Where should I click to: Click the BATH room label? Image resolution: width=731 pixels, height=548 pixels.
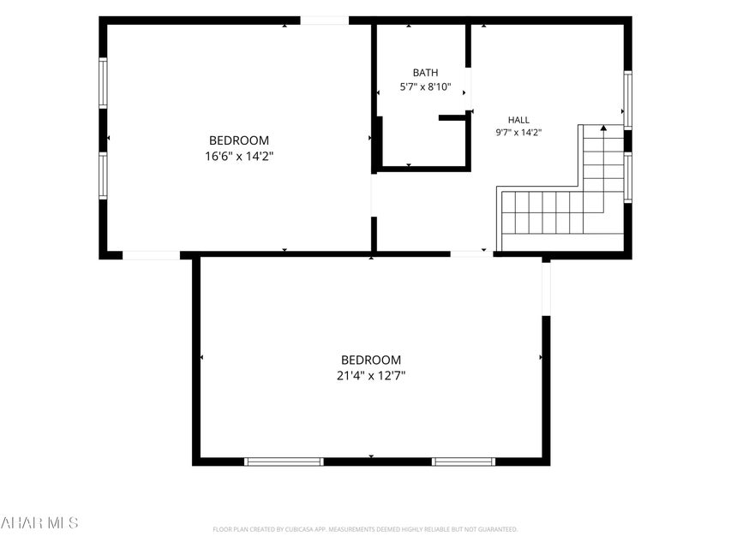click(x=425, y=73)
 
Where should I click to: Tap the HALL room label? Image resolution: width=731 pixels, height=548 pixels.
click(x=518, y=120)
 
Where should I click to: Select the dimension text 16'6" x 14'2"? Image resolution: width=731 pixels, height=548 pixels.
click(x=239, y=156)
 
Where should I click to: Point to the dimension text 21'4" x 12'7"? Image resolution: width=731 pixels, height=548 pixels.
click(x=370, y=376)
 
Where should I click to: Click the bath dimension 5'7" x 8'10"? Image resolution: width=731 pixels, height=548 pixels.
click(x=425, y=86)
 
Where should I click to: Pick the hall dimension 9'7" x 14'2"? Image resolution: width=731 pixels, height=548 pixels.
click(x=518, y=133)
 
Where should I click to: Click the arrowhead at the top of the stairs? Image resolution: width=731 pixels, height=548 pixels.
click(x=603, y=128)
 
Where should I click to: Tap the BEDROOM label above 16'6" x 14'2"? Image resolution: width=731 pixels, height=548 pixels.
click(x=239, y=140)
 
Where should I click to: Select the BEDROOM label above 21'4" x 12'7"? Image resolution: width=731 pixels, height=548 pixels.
click(x=370, y=360)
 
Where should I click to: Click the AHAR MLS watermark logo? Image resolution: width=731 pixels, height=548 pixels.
click(x=39, y=522)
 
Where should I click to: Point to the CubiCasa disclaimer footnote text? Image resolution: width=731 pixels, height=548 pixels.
click(x=365, y=529)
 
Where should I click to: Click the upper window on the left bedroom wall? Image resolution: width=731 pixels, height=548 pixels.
click(x=103, y=83)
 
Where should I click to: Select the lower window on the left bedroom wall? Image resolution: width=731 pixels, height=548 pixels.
click(x=103, y=176)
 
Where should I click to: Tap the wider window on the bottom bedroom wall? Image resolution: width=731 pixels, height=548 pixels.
click(x=284, y=462)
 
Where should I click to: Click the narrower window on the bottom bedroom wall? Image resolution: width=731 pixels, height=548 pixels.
click(x=464, y=462)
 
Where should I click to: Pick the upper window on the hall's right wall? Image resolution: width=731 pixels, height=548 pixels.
click(x=628, y=99)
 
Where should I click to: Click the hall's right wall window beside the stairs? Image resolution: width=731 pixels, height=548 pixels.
click(x=628, y=177)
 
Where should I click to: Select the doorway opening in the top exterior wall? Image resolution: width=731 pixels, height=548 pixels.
click(x=325, y=21)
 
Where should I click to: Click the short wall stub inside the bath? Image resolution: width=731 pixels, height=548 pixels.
click(x=452, y=118)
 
